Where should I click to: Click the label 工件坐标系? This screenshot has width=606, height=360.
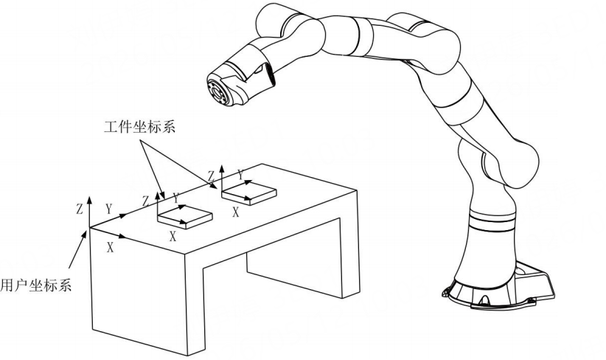coord(139,126)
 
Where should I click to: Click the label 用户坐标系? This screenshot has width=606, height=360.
coord(36,285)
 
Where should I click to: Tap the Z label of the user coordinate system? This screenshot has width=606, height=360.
coord(80,210)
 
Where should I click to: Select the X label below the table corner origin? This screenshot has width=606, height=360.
coord(110,248)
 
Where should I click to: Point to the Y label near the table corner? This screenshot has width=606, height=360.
coord(109,210)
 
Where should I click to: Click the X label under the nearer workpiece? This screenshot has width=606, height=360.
coord(173,236)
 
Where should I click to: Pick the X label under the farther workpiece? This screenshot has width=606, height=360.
coord(236,212)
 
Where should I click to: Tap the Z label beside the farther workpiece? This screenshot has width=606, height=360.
coord(211,176)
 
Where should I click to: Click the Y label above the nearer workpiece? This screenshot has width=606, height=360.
coord(176,198)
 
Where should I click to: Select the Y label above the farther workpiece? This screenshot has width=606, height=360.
coord(241,175)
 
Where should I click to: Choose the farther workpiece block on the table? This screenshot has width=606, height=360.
coord(249,194)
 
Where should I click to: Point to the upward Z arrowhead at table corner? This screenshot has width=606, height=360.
coord(90,199)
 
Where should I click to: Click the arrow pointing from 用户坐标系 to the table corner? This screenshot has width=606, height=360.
coord(78,249)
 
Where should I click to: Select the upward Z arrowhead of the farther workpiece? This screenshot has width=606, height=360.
coord(221,168)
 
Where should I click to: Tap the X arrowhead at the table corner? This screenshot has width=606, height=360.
coord(123,236)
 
